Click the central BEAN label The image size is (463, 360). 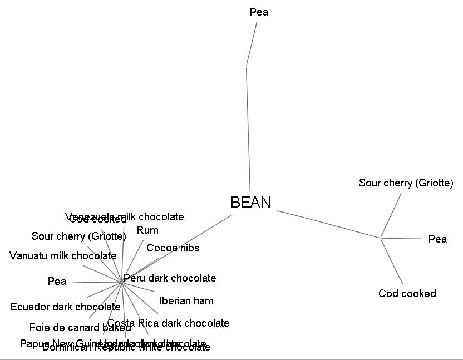coord(250,203)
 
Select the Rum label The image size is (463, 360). coord(147,230)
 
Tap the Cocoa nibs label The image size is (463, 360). coord(173,248)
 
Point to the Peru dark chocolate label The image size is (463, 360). coord(170,278)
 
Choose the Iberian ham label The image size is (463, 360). coord(186,301)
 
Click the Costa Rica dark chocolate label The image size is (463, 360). coord(168,323)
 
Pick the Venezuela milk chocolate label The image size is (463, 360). coord(125,216)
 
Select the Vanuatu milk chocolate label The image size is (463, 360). coord(63,256)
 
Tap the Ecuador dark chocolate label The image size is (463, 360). coord(65,307)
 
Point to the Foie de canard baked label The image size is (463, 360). coord(80,328)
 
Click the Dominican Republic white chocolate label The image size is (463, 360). coord(126,348)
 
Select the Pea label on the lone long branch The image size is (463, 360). coord(259,12)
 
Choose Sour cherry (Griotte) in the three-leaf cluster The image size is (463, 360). coord(406,183)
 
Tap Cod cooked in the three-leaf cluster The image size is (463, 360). coord(407,294)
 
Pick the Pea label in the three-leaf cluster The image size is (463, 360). coord(437,239)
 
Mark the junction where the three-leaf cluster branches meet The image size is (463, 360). coord(381,238)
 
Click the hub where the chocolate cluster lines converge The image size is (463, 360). coord(121,283)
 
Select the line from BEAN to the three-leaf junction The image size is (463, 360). coord(328,224)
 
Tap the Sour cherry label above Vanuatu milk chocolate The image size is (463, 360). coord(78,236)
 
